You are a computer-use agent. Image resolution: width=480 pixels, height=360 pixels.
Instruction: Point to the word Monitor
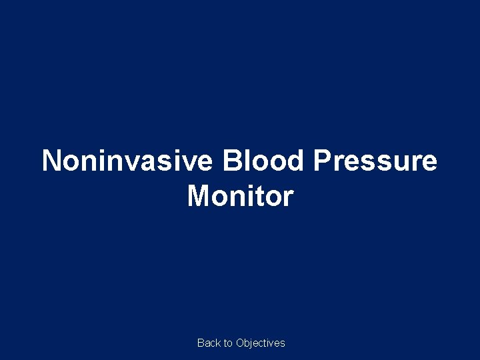[x=240, y=196]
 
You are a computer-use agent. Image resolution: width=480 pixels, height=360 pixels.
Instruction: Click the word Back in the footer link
[x=208, y=343]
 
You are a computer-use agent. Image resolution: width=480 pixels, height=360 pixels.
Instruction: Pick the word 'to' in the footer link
[x=228, y=343]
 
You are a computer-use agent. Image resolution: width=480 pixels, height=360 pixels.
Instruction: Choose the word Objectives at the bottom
[x=261, y=343]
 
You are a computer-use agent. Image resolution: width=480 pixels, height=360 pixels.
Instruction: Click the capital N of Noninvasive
[x=52, y=161]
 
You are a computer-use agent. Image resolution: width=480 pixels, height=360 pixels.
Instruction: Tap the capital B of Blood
[x=233, y=161]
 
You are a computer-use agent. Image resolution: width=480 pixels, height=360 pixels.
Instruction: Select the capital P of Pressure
[x=322, y=161]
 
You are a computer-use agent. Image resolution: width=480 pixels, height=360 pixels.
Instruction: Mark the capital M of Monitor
[x=199, y=196]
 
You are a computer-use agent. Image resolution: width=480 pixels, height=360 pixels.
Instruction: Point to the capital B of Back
[x=201, y=343]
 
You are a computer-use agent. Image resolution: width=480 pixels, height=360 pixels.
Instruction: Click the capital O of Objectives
[x=240, y=343]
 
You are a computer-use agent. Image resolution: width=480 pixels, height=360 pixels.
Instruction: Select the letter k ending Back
[x=217, y=343]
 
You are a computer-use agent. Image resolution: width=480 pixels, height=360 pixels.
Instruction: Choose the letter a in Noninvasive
[x=157, y=163]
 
